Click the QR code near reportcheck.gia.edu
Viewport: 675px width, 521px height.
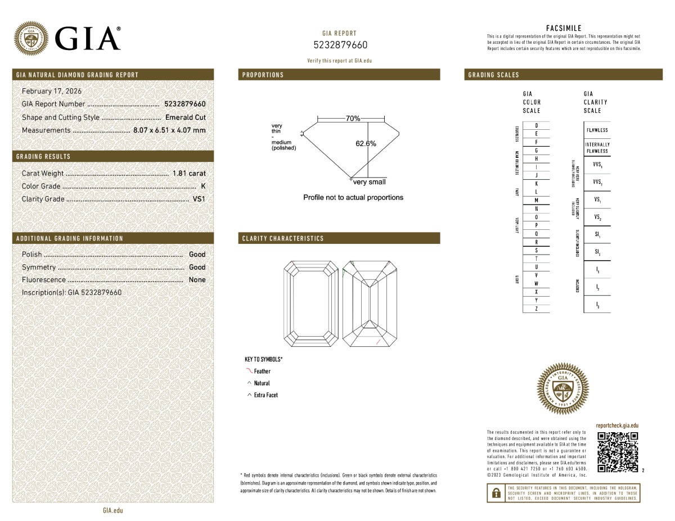(x=617, y=452)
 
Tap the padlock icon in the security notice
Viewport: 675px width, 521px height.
(x=496, y=493)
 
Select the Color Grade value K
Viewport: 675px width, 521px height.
(x=202, y=186)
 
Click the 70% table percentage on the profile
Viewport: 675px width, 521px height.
(x=353, y=119)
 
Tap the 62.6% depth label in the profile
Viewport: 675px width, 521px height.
(x=366, y=143)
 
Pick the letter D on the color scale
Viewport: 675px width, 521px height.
(x=536, y=125)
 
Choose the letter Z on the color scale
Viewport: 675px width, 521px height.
(x=536, y=309)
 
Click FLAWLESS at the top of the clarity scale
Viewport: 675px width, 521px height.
(x=597, y=130)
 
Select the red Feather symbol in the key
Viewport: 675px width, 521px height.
(x=249, y=371)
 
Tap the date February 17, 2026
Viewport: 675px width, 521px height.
(x=51, y=91)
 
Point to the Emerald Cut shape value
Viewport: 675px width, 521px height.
(x=185, y=117)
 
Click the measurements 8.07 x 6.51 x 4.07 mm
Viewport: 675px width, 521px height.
(x=169, y=130)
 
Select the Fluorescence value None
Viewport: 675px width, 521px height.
(x=197, y=280)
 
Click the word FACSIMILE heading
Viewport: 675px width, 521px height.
(x=564, y=28)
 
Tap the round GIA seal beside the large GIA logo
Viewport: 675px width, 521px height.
(x=31, y=38)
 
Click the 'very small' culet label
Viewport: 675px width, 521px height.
(x=370, y=182)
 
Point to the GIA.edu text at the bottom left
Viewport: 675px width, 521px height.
(x=112, y=510)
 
